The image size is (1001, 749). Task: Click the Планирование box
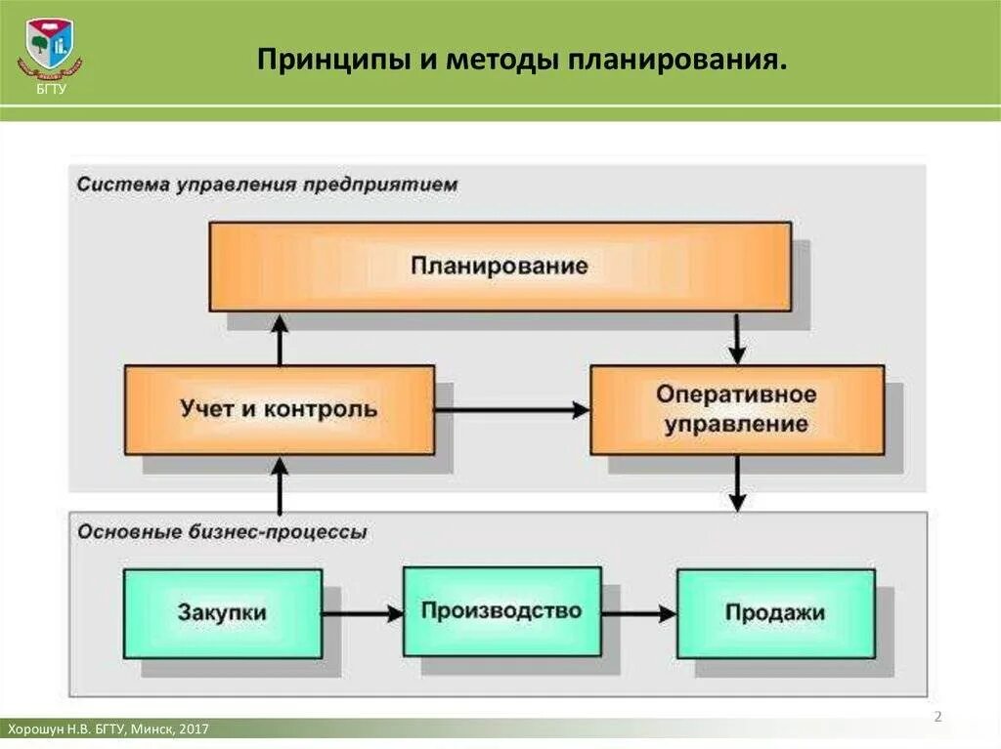click(500, 266)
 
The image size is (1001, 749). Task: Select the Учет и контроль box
click(279, 409)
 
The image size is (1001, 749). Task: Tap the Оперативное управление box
click(736, 409)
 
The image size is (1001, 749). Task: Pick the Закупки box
click(222, 613)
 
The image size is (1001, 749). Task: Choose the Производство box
click(500, 612)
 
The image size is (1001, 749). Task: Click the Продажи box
click(775, 613)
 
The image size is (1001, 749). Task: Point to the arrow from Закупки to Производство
click(363, 614)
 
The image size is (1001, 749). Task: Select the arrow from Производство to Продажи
click(638, 614)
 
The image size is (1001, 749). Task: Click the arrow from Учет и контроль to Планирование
click(280, 339)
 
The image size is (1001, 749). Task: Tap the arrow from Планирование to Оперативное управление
click(737, 338)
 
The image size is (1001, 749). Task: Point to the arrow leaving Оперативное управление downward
click(737, 482)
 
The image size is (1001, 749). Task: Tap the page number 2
click(937, 718)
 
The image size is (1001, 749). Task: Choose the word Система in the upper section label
click(111, 184)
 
